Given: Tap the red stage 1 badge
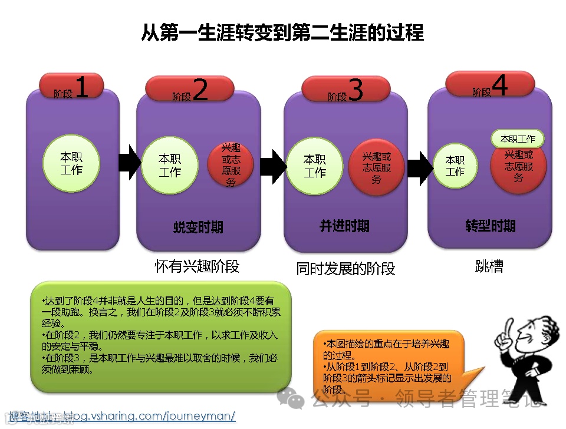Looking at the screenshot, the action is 71,87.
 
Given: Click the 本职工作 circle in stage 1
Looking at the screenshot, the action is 71,163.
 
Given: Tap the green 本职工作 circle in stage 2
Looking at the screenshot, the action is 169,166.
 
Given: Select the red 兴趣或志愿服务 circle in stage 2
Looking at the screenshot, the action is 231,165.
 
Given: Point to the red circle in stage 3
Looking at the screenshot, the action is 377,166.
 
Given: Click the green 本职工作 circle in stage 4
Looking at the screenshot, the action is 455,166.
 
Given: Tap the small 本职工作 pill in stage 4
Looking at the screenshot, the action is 517,139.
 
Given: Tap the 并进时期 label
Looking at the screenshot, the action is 344,226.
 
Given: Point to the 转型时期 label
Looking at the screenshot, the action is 490,226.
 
